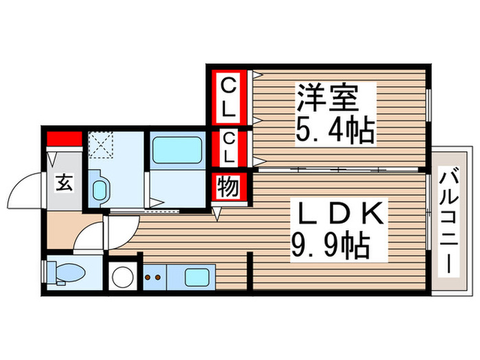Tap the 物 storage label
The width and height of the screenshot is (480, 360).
tap(228, 187)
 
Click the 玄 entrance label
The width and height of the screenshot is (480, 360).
tap(64, 183)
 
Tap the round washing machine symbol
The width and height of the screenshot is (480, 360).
tap(124, 277)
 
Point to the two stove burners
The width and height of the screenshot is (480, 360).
tap(153, 278)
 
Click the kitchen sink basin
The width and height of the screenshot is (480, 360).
tap(200, 278)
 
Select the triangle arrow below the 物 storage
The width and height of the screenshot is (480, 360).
tap(217, 214)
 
